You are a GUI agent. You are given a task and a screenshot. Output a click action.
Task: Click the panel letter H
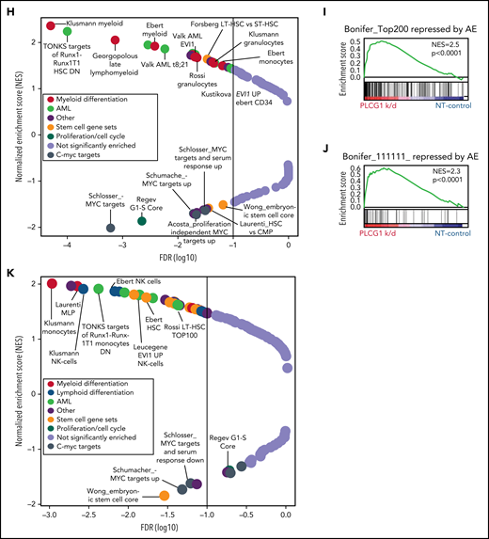pyautogui.click(x=9, y=8)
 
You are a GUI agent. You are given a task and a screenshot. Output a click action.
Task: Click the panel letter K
pyautogui.click(x=9, y=274)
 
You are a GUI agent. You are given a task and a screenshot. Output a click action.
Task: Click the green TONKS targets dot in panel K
pyautogui.click(x=97, y=289)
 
